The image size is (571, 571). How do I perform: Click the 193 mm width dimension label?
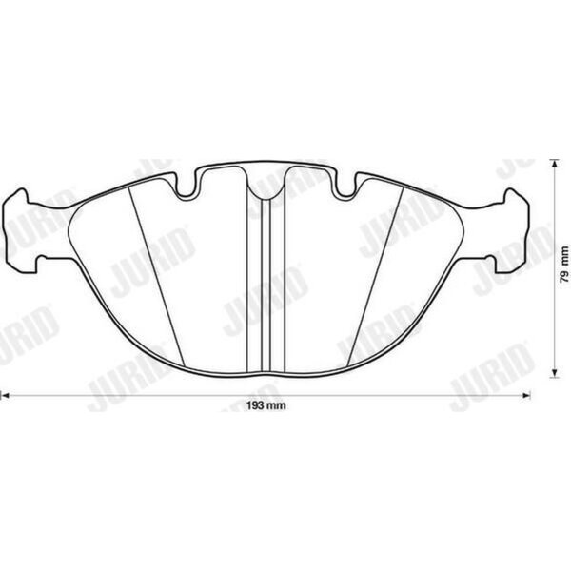point(266,405)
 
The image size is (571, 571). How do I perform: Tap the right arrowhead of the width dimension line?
point(526,395)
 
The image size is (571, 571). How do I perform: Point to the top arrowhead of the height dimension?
point(554,164)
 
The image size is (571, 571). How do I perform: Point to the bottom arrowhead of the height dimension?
point(554,373)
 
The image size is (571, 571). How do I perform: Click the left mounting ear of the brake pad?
point(20,230)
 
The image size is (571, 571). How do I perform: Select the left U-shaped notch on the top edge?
point(187,187)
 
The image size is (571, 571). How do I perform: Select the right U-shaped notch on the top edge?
point(346,187)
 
